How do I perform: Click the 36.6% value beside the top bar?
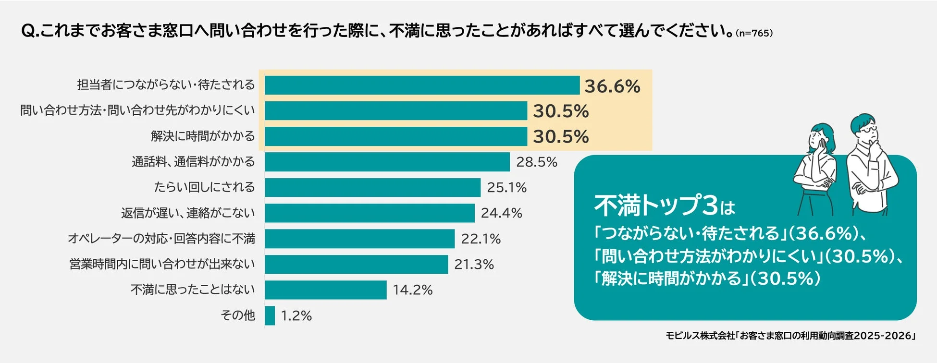click(x=612, y=86)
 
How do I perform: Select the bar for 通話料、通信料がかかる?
click(x=387, y=162)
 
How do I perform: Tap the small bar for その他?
click(x=270, y=315)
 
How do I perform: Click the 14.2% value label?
click(x=412, y=290)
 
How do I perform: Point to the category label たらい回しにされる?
click(x=204, y=187)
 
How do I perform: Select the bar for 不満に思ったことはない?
click(x=325, y=290)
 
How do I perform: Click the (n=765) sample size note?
click(x=753, y=33)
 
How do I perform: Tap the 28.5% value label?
click(x=536, y=162)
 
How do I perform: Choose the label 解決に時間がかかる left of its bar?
click(x=203, y=136)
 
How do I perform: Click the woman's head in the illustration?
click(x=821, y=136)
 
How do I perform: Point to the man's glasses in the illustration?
click(x=869, y=130)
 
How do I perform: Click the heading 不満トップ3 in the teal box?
click(x=656, y=206)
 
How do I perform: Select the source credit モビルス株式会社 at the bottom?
click(x=700, y=336)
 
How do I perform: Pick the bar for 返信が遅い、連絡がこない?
click(x=369, y=213)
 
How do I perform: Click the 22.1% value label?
click(x=481, y=239)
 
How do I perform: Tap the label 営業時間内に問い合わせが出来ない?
click(x=162, y=264)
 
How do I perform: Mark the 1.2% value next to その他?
click(x=296, y=316)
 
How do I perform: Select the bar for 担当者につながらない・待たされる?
click(x=422, y=85)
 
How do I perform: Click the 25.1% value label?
click(x=506, y=188)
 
